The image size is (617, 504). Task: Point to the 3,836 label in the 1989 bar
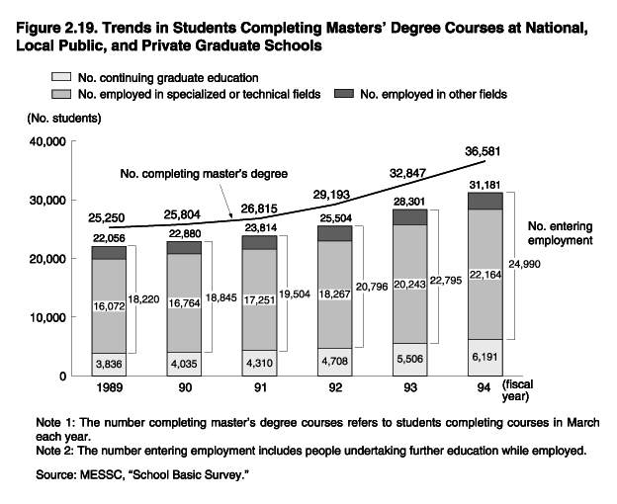(x=109, y=364)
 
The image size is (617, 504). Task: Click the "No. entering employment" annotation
(x=560, y=232)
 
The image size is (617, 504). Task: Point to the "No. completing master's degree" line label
(x=204, y=174)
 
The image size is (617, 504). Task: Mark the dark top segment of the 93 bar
(x=410, y=216)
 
